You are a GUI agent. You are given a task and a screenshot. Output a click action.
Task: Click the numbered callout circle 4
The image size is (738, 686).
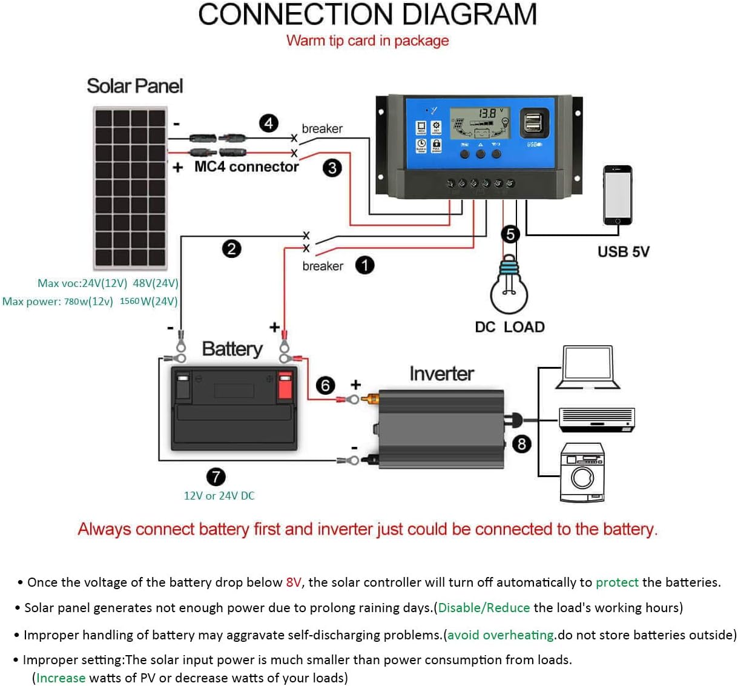[x=269, y=124]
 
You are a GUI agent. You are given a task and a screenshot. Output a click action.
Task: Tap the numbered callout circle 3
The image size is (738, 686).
[x=332, y=168]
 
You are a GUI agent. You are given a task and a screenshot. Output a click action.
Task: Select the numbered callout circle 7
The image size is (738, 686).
[x=216, y=477]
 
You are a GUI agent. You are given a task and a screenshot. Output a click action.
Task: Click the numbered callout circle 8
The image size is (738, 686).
[x=521, y=444]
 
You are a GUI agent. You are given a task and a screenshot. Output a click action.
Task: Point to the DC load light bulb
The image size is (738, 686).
[x=509, y=288]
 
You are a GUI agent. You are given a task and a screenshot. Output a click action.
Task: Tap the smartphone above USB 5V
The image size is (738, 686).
[x=617, y=195]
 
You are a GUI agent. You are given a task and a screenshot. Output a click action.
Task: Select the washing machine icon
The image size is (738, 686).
[x=582, y=473]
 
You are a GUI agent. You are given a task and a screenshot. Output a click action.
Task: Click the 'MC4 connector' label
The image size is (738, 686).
[x=246, y=167]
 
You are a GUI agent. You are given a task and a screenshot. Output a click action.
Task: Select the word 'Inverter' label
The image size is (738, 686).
[x=441, y=374]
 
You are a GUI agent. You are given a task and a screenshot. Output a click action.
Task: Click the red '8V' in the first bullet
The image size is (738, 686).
[x=294, y=582]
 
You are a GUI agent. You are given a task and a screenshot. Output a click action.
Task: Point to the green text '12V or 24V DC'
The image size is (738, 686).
[x=219, y=495]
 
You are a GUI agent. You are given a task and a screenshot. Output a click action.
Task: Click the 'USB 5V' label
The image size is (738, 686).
[x=623, y=252]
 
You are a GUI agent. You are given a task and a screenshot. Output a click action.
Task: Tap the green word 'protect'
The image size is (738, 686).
[x=617, y=582]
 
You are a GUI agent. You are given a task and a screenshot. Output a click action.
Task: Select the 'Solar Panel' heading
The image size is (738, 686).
[x=134, y=86]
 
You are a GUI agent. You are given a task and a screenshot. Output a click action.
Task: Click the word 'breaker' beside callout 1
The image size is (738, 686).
[x=323, y=266]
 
